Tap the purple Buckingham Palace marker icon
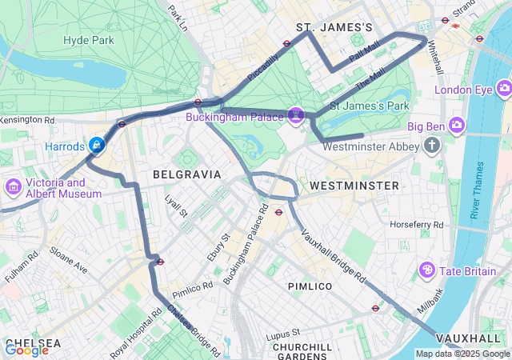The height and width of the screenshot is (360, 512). [296, 116]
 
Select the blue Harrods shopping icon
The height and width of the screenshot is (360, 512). [97, 145]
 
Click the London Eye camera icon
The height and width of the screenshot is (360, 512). [504, 87]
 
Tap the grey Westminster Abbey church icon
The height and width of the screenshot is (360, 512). [433, 145]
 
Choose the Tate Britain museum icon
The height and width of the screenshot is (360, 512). [428, 271]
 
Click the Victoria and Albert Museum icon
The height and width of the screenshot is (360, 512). [13, 187]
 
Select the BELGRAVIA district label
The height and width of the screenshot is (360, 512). [186, 174]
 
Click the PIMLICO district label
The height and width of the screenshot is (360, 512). [310, 286]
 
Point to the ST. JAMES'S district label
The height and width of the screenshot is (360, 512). [334, 28]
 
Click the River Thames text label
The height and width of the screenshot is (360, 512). [478, 190]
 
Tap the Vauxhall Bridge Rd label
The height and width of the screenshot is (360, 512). [334, 257]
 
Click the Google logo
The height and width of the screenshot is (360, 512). [26, 350]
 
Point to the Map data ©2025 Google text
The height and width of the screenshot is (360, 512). [462, 354]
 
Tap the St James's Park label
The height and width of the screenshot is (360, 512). [370, 106]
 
